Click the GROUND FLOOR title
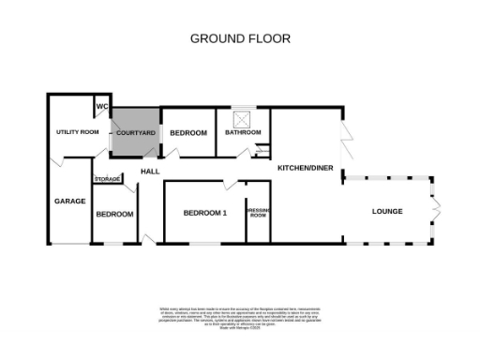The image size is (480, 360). (240, 38)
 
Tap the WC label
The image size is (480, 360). (100, 105)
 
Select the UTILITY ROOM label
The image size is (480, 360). (77, 132)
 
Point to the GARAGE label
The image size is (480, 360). (69, 201)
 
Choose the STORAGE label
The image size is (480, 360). (107, 179)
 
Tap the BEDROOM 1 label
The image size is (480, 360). (204, 214)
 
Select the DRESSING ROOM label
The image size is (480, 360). (257, 214)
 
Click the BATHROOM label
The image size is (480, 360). (243, 133)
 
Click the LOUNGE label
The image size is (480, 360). (386, 211)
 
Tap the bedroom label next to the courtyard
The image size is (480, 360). (188, 133)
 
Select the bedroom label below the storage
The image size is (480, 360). (113, 215)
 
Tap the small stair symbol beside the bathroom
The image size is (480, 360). (263, 150)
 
